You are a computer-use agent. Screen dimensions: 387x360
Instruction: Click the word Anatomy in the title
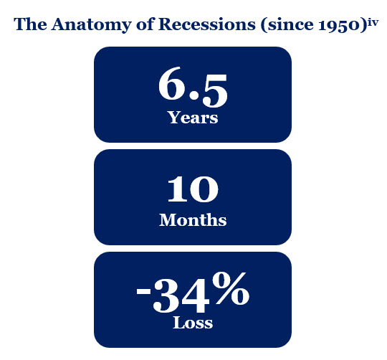pos(91,24)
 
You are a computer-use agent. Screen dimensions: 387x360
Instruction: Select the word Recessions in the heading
pos(207,24)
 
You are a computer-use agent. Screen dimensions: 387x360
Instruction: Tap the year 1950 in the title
pos(338,25)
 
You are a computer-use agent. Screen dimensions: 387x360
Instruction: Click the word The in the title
pos(30,24)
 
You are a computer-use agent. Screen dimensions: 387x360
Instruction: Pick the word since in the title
pos(290,24)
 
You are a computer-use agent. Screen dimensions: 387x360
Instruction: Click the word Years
pos(193,118)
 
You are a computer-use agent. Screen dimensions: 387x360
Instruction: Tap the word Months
pos(193,219)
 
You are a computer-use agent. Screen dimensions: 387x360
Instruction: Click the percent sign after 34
pos(231,288)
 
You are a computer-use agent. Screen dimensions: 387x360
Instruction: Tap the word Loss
pos(193,323)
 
